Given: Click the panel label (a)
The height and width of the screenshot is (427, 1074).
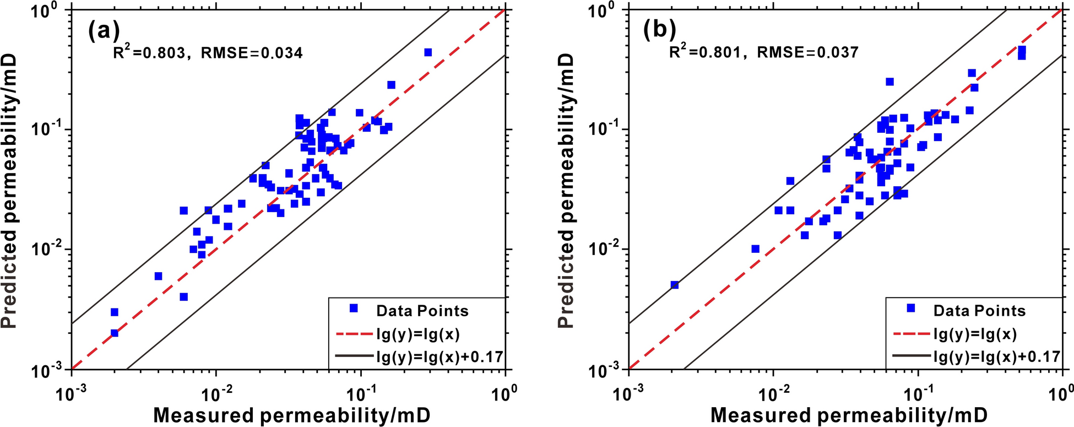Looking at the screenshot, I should (x=104, y=32).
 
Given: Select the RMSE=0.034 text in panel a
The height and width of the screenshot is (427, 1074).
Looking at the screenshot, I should (x=252, y=53).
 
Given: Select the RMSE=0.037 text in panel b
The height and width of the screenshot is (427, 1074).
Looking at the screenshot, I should (x=808, y=52).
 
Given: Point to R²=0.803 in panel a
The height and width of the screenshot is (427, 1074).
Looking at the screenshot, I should (x=149, y=52).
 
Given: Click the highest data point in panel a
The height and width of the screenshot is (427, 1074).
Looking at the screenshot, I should (x=428, y=52).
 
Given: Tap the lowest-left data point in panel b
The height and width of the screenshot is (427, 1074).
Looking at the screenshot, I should (x=675, y=285).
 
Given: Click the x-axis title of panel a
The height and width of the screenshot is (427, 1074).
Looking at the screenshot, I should (x=291, y=415).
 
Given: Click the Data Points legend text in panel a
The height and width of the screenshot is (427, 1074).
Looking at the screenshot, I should (x=422, y=311).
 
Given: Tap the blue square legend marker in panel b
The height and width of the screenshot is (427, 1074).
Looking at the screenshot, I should (x=911, y=309).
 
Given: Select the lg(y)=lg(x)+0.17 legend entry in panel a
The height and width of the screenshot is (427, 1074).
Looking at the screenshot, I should (x=440, y=356).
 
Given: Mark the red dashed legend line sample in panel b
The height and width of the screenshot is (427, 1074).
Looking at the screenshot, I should (x=910, y=333).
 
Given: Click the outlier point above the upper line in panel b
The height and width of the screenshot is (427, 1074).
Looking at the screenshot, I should (x=889, y=82).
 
